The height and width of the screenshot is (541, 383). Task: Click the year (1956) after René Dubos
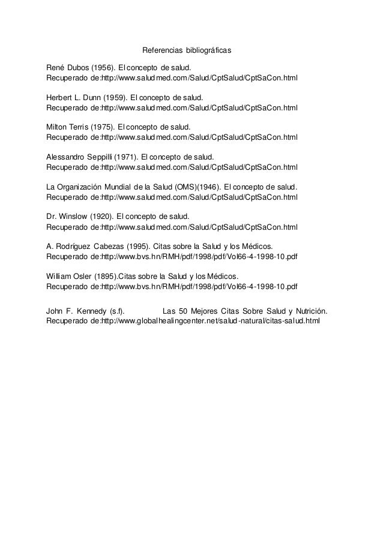click(x=103, y=67)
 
